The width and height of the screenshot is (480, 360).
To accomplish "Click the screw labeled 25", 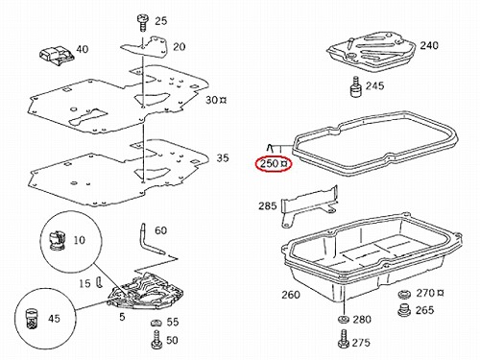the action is pyautogui.click(x=143, y=23).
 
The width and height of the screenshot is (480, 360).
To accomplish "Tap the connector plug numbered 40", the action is pyautogui.click(x=57, y=56).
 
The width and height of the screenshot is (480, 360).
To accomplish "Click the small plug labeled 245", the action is pyautogui.click(x=355, y=86).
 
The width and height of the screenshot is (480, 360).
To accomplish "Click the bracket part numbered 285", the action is pyautogui.click(x=309, y=205).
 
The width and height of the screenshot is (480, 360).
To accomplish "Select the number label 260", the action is pyautogui.click(x=291, y=295).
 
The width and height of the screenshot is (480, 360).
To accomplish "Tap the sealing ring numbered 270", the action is pyautogui.click(x=405, y=294).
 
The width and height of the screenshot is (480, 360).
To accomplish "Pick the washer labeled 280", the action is pyautogui.click(x=344, y=320).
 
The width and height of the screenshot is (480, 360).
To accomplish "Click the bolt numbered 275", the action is pyautogui.click(x=344, y=339).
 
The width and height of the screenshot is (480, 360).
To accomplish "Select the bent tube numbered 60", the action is pyautogui.click(x=152, y=239).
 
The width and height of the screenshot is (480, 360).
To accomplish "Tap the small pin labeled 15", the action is pyautogui.click(x=99, y=282).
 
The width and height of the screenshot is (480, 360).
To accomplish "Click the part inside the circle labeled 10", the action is pyautogui.click(x=57, y=239).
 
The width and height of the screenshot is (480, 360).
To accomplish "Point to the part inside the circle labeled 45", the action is pyautogui.click(x=32, y=319).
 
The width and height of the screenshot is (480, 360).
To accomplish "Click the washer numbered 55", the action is pyautogui.click(x=156, y=323).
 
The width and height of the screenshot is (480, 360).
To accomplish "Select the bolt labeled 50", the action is pyautogui.click(x=156, y=340).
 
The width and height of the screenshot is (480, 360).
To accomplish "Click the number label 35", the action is pyautogui.click(x=223, y=157).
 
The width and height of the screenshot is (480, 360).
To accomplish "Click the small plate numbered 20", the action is pyautogui.click(x=145, y=47).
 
